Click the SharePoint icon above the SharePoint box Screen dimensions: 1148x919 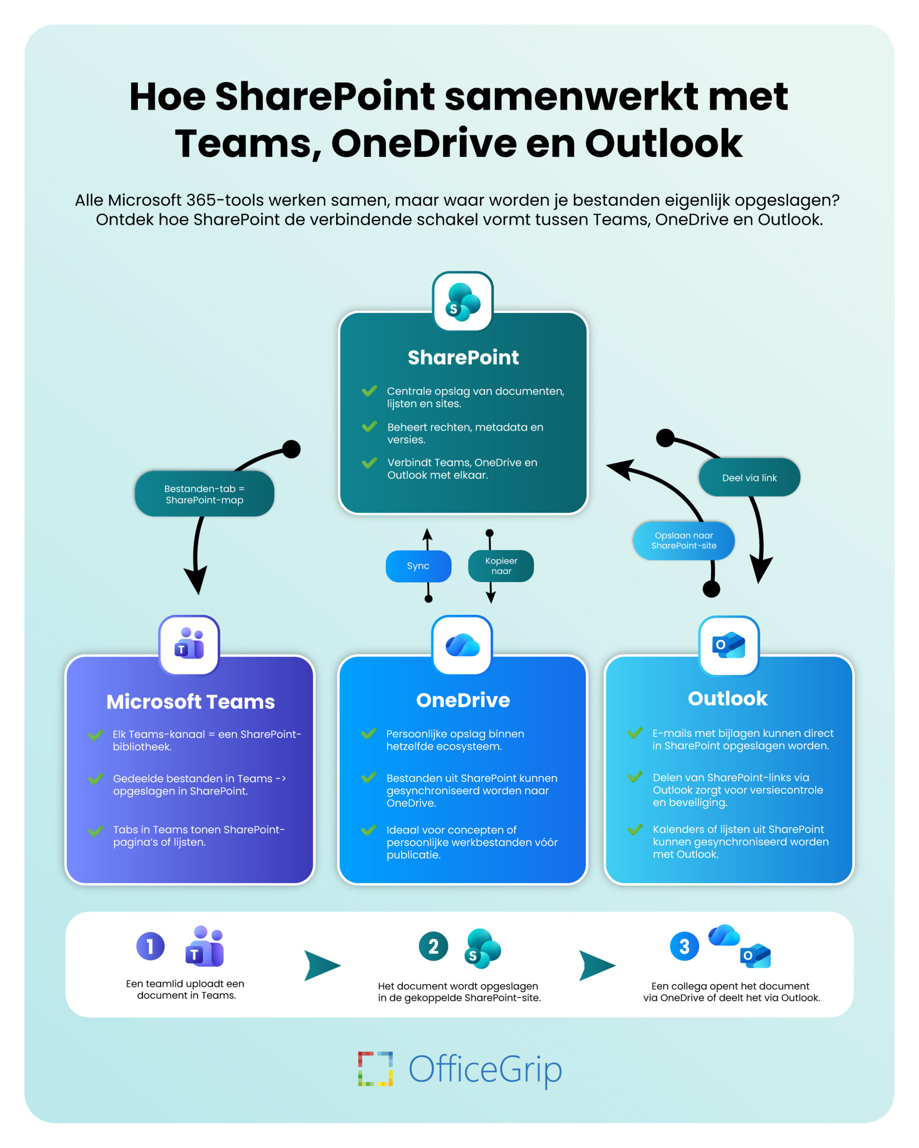pos(463,302)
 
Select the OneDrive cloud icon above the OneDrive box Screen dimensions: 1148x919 pos(463,645)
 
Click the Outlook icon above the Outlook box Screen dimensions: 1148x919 pos(728,645)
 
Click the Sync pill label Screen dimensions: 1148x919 pos(418,565)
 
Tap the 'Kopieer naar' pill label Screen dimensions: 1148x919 pos(501,565)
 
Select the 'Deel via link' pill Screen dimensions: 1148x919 pos(749,478)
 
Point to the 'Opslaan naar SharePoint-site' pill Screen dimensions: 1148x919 pos(683,540)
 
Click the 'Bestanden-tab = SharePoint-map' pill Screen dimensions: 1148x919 pos(204,494)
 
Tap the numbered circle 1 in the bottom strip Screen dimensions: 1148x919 pos(150,946)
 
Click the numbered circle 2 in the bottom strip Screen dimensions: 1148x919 pos(433,946)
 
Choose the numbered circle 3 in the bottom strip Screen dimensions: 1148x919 pos(684,946)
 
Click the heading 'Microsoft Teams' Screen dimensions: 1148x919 pos(190,702)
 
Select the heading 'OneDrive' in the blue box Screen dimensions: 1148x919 pos(463,700)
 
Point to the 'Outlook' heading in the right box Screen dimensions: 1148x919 pos(727,699)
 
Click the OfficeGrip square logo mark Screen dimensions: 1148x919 pos(375,1069)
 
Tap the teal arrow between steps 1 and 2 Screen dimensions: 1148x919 pos(321,965)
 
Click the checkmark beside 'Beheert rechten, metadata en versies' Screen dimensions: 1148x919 pos(369,426)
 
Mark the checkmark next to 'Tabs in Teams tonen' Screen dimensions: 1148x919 pos(96,831)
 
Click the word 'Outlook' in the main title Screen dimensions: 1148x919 pos(663,144)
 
